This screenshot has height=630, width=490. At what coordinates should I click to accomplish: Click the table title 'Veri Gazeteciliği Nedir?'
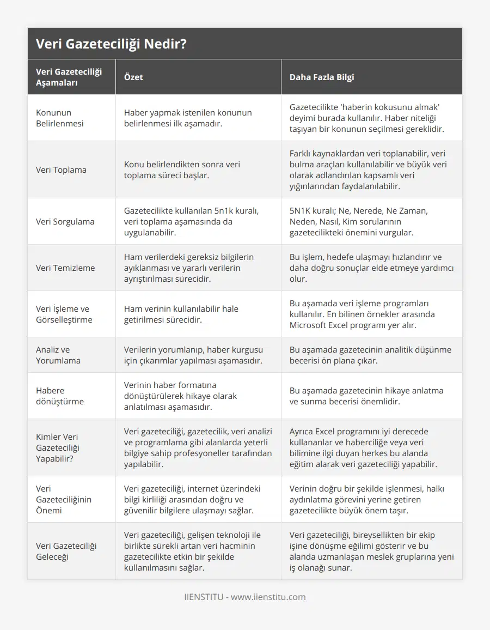point(111,44)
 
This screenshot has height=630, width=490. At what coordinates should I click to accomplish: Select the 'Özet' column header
point(133,77)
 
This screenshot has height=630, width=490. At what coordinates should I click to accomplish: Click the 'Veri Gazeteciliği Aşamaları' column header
point(69,77)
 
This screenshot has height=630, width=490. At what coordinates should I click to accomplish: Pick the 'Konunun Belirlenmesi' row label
point(60,118)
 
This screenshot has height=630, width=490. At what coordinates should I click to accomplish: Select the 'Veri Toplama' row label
point(61,169)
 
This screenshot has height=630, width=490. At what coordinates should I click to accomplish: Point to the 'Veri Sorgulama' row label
point(65,221)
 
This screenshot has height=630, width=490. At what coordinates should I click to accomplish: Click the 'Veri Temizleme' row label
point(65,268)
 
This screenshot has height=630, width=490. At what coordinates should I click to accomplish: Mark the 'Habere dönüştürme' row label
point(59,396)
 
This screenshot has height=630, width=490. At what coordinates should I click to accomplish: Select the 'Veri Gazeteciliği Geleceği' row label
point(66,551)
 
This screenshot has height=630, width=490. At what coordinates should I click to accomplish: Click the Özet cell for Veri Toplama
point(182,169)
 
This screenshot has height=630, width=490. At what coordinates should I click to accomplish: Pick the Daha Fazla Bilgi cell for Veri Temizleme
point(371,268)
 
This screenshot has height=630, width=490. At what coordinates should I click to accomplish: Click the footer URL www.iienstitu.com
point(268,597)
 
